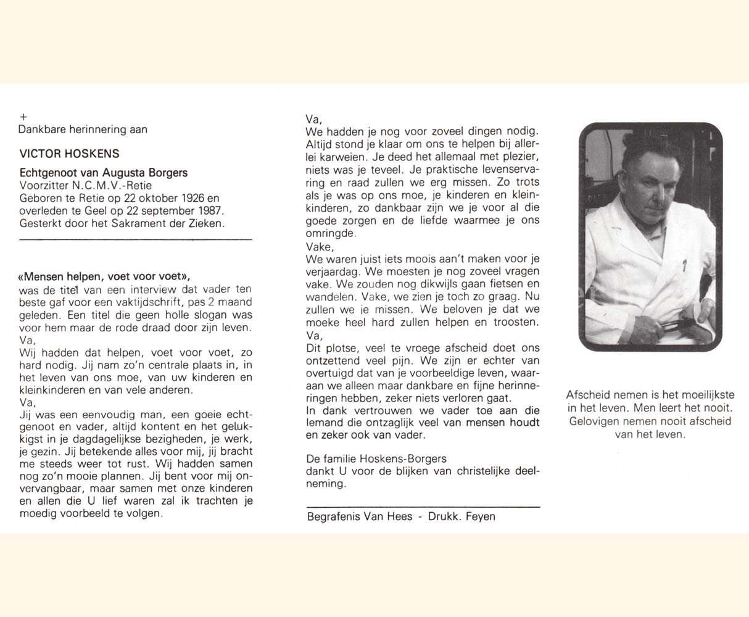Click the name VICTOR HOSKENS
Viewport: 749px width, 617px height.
pos(69,154)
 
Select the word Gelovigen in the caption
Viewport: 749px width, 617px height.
pos(595,421)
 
